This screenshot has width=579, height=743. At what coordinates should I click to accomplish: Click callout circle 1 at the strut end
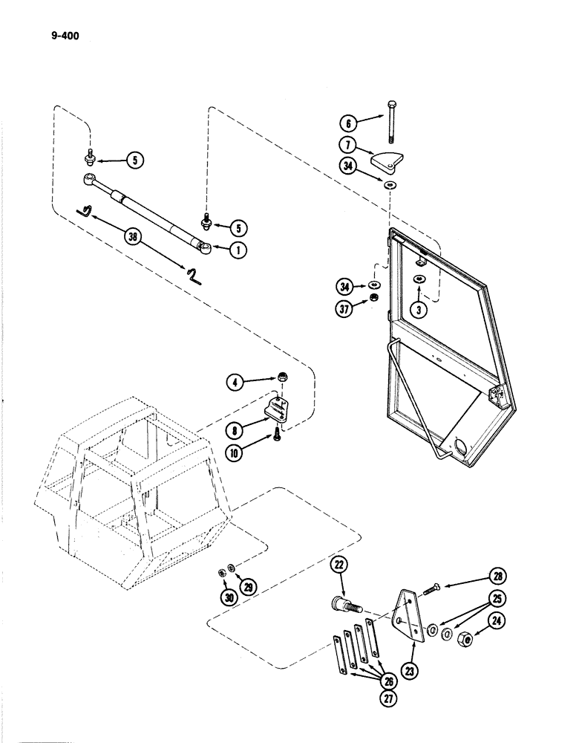click(x=238, y=251)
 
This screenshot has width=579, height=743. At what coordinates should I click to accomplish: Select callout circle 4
click(x=235, y=383)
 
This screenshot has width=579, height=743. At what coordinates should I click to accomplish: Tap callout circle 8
click(x=235, y=428)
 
